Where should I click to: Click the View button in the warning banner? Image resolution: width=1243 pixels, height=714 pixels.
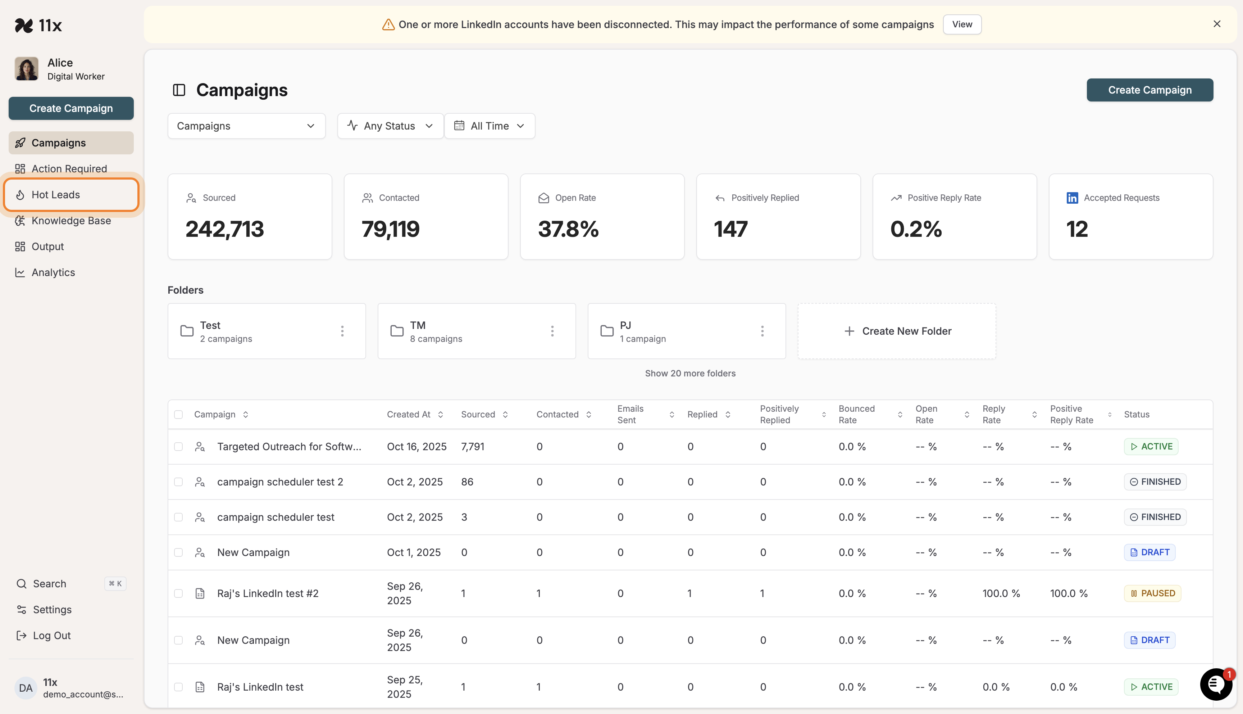(962, 24)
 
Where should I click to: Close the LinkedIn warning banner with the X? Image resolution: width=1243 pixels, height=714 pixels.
(1216, 24)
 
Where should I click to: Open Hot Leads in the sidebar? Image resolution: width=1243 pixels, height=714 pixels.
(56, 195)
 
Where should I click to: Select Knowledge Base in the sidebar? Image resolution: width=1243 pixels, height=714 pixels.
(71, 221)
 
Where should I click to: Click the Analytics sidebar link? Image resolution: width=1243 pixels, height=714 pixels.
(53, 273)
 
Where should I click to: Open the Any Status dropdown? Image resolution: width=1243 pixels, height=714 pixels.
(390, 126)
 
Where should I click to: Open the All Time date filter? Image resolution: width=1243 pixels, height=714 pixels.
(489, 126)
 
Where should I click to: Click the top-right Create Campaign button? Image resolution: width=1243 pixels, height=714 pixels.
(1149, 90)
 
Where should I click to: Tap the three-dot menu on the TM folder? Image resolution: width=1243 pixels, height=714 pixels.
(552, 331)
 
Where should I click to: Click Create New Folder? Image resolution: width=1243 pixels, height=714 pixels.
(897, 331)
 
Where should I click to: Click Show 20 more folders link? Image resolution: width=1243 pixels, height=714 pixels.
(690, 374)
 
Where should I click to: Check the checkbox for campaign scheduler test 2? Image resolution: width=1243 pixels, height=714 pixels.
(178, 482)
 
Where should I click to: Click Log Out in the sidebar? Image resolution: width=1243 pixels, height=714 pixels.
(51, 636)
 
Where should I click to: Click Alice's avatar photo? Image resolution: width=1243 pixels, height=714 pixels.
(27, 69)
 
